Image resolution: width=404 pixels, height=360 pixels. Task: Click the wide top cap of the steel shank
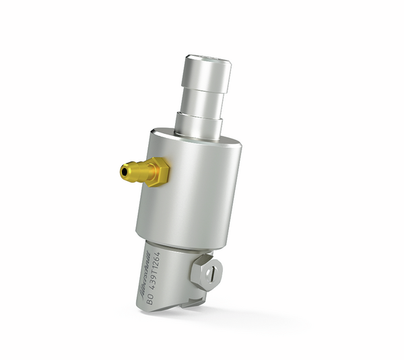click(x=205, y=71)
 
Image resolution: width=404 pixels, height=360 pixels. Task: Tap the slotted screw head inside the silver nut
click(x=209, y=273)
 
